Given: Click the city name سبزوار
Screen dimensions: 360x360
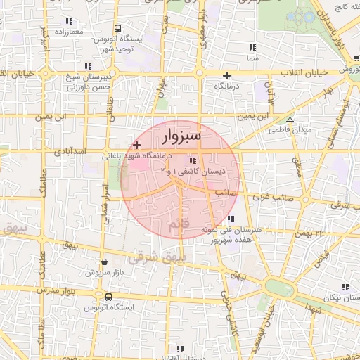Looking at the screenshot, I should click(181, 134).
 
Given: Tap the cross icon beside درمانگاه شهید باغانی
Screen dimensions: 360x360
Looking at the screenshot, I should click(136, 143).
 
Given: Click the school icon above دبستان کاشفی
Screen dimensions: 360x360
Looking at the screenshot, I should click(193, 160).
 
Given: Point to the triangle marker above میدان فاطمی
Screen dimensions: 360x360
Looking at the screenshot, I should click(290, 120).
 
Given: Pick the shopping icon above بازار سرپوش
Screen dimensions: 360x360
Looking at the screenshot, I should click(104, 262).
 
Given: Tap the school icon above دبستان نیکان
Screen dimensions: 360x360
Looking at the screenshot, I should click(345, 287).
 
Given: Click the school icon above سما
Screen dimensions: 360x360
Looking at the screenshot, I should click(252, 47).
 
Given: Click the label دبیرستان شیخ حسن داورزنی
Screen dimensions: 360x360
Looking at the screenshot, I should click(70, 83).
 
